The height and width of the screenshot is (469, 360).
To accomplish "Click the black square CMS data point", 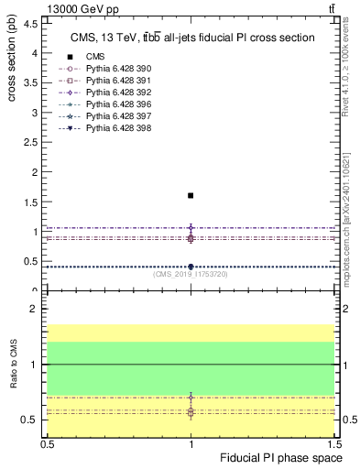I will (x=191, y=195).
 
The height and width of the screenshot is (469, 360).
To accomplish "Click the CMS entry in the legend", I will (x=96, y=57).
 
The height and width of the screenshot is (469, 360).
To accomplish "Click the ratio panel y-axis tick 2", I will (x=37, y=310).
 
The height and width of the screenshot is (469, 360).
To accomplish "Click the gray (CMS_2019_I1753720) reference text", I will (x=190, y=274).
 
